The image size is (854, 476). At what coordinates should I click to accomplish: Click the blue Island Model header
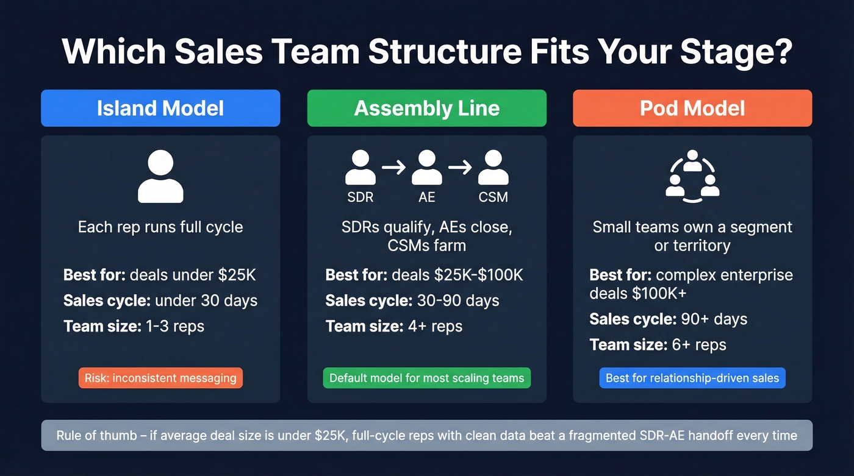point(160,108)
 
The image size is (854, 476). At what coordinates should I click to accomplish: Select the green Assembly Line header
point(426,108)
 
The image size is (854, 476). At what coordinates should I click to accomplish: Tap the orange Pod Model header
point(692,108)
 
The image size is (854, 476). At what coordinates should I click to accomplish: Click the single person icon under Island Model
point(160,177)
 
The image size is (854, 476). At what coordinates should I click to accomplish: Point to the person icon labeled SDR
point(361,168)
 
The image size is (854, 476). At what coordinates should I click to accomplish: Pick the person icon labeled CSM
point(493,168)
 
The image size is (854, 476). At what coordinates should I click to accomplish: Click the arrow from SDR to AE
point(393,167)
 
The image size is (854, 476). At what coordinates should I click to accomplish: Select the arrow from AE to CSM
point(460,167)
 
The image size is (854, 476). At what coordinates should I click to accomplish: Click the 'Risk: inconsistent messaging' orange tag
point(160,378)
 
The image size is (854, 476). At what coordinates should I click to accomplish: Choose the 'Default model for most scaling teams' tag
point(426,378)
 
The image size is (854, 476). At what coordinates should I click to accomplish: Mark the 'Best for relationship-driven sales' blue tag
point(692,378)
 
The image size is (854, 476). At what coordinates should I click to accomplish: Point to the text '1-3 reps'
point(174,326)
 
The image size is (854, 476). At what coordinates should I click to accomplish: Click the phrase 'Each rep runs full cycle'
point(160,227)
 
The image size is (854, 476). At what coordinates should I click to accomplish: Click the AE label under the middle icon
point(427,197)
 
